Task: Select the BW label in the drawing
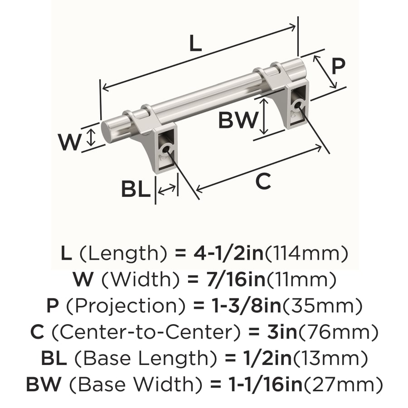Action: tap(238, 121)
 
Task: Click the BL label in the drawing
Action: tap(135, 189)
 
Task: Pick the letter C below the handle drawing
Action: tap(263, 182)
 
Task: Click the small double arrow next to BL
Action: tap(167, 189)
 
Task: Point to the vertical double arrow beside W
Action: tap(91, 137)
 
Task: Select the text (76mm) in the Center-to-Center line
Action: tap(350, 333)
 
